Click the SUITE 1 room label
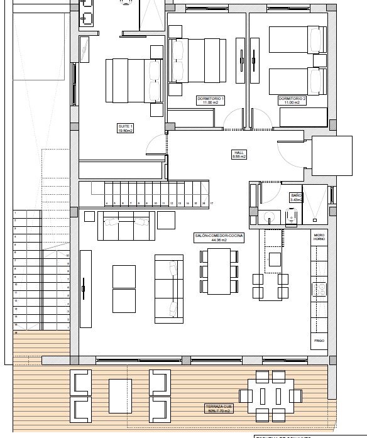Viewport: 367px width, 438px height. tap(126, 127)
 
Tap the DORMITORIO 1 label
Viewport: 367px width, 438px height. tap(211, 99)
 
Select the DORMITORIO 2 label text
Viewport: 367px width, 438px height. tap(292, 99)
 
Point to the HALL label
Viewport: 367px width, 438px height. tap(239, 152)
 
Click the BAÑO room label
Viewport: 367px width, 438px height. tap(296, 195)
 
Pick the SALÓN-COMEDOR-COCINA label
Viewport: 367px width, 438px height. tap(219, 236)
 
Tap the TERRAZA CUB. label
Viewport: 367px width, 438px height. tap(218, 407)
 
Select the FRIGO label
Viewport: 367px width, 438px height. tap(319, 340)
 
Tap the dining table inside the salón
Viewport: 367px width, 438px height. tap(219, 271)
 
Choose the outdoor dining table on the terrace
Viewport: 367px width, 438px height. tap(270, 396)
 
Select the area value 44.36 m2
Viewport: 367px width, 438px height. tap(219, 240)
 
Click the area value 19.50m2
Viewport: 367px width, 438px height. tap(126, 131)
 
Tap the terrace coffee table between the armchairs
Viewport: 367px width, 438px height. tap(119, 397)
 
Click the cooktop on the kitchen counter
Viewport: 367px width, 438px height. tap(319, 290)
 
